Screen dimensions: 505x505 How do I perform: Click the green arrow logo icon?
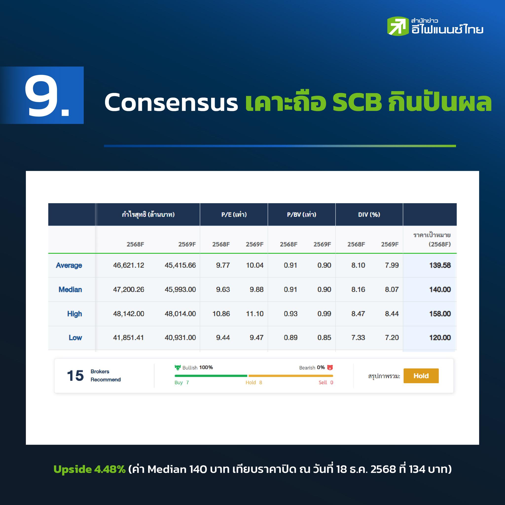(397, 26)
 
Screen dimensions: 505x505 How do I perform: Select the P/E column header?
(234, 215)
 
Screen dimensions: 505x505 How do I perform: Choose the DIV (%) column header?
(369, 215)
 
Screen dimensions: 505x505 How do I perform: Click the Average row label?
(69, 265)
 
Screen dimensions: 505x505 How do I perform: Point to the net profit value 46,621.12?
(129, 265)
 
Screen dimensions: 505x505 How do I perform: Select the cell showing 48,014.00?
(180, 314)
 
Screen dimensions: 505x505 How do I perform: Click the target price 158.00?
(440, 314)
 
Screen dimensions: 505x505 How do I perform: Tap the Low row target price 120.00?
(440, 338)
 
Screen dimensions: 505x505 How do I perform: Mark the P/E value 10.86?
(221, 314)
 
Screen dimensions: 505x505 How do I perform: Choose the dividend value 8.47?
(358, 314)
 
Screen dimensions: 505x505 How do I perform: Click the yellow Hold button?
(421, 376)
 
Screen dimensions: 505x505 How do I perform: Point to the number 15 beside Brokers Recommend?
(75, 376)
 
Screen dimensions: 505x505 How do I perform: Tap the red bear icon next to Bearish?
(330, 367)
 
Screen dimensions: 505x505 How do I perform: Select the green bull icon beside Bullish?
(178, 367)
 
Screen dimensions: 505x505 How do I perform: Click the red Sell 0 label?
(326, 383)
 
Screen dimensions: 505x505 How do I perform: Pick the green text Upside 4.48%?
(90, 469)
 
